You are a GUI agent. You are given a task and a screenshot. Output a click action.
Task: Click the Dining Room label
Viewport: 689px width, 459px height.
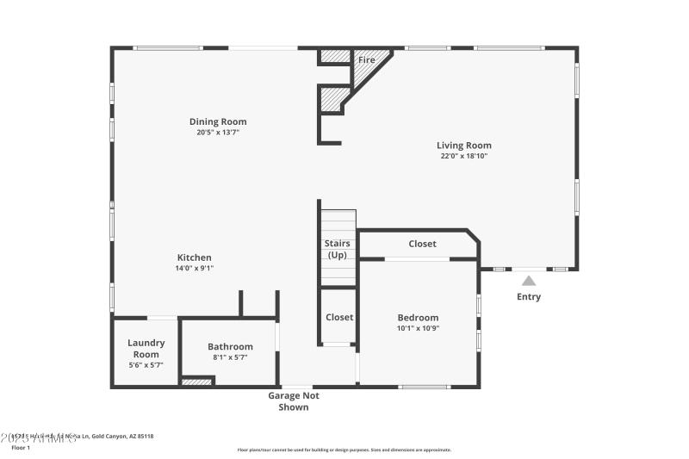tap(218, 121)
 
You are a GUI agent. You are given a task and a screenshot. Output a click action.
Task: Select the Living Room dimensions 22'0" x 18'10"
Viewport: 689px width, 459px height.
tap(463, 157)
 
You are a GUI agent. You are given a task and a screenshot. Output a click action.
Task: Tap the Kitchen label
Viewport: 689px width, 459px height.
tap(194, 257)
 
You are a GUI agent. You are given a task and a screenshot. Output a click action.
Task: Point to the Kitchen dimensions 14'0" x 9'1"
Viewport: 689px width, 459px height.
tap(194, 269)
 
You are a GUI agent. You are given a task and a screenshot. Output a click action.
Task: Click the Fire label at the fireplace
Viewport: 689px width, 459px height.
tap(367, 60)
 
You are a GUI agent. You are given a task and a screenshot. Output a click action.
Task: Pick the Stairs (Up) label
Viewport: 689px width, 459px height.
tap(338, 249)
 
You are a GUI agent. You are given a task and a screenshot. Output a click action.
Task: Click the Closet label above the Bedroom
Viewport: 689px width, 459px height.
tap(422, 244)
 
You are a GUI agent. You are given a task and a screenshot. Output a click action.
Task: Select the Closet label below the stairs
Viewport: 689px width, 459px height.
tap(339, 317)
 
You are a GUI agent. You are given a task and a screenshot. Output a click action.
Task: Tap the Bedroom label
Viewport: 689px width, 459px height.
tap(418, 317)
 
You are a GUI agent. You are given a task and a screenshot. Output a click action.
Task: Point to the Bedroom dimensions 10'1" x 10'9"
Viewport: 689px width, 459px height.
tap(418, 328)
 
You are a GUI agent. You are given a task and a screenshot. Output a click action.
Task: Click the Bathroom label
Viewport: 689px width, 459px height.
tap(230, 346)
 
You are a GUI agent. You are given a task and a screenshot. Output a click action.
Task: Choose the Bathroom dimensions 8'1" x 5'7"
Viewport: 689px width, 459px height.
tap(230, 357)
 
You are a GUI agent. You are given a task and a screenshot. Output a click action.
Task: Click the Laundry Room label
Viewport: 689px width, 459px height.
tap(146, 348)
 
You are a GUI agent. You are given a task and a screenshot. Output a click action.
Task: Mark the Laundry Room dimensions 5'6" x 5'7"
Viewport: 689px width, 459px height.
tap(146, 365)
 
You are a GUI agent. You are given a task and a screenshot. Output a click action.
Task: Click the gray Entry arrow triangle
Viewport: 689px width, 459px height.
tap(529, 280)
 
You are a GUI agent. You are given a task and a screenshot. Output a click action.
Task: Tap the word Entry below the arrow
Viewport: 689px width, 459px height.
tap(529, 297)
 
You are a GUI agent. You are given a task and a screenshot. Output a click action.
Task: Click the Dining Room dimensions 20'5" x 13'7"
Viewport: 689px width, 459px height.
tap(218, 133)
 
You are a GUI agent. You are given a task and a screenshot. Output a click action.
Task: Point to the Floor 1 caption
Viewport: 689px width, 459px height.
tap(21, 448)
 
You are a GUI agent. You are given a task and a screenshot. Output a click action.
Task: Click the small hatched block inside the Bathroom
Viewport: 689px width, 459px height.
tap(196, 381)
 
